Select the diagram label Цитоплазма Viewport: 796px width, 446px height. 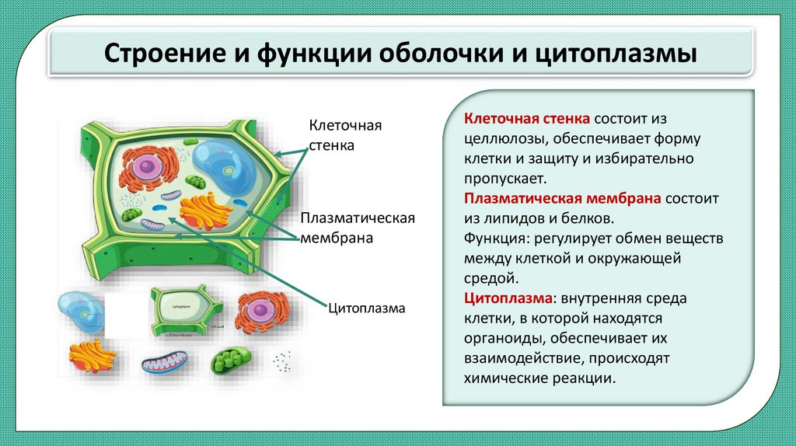(367, 308)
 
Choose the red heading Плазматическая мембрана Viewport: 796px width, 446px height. (562, 198)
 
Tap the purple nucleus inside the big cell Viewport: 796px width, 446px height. (144, 166)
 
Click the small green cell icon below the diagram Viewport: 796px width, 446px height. (181, 311)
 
